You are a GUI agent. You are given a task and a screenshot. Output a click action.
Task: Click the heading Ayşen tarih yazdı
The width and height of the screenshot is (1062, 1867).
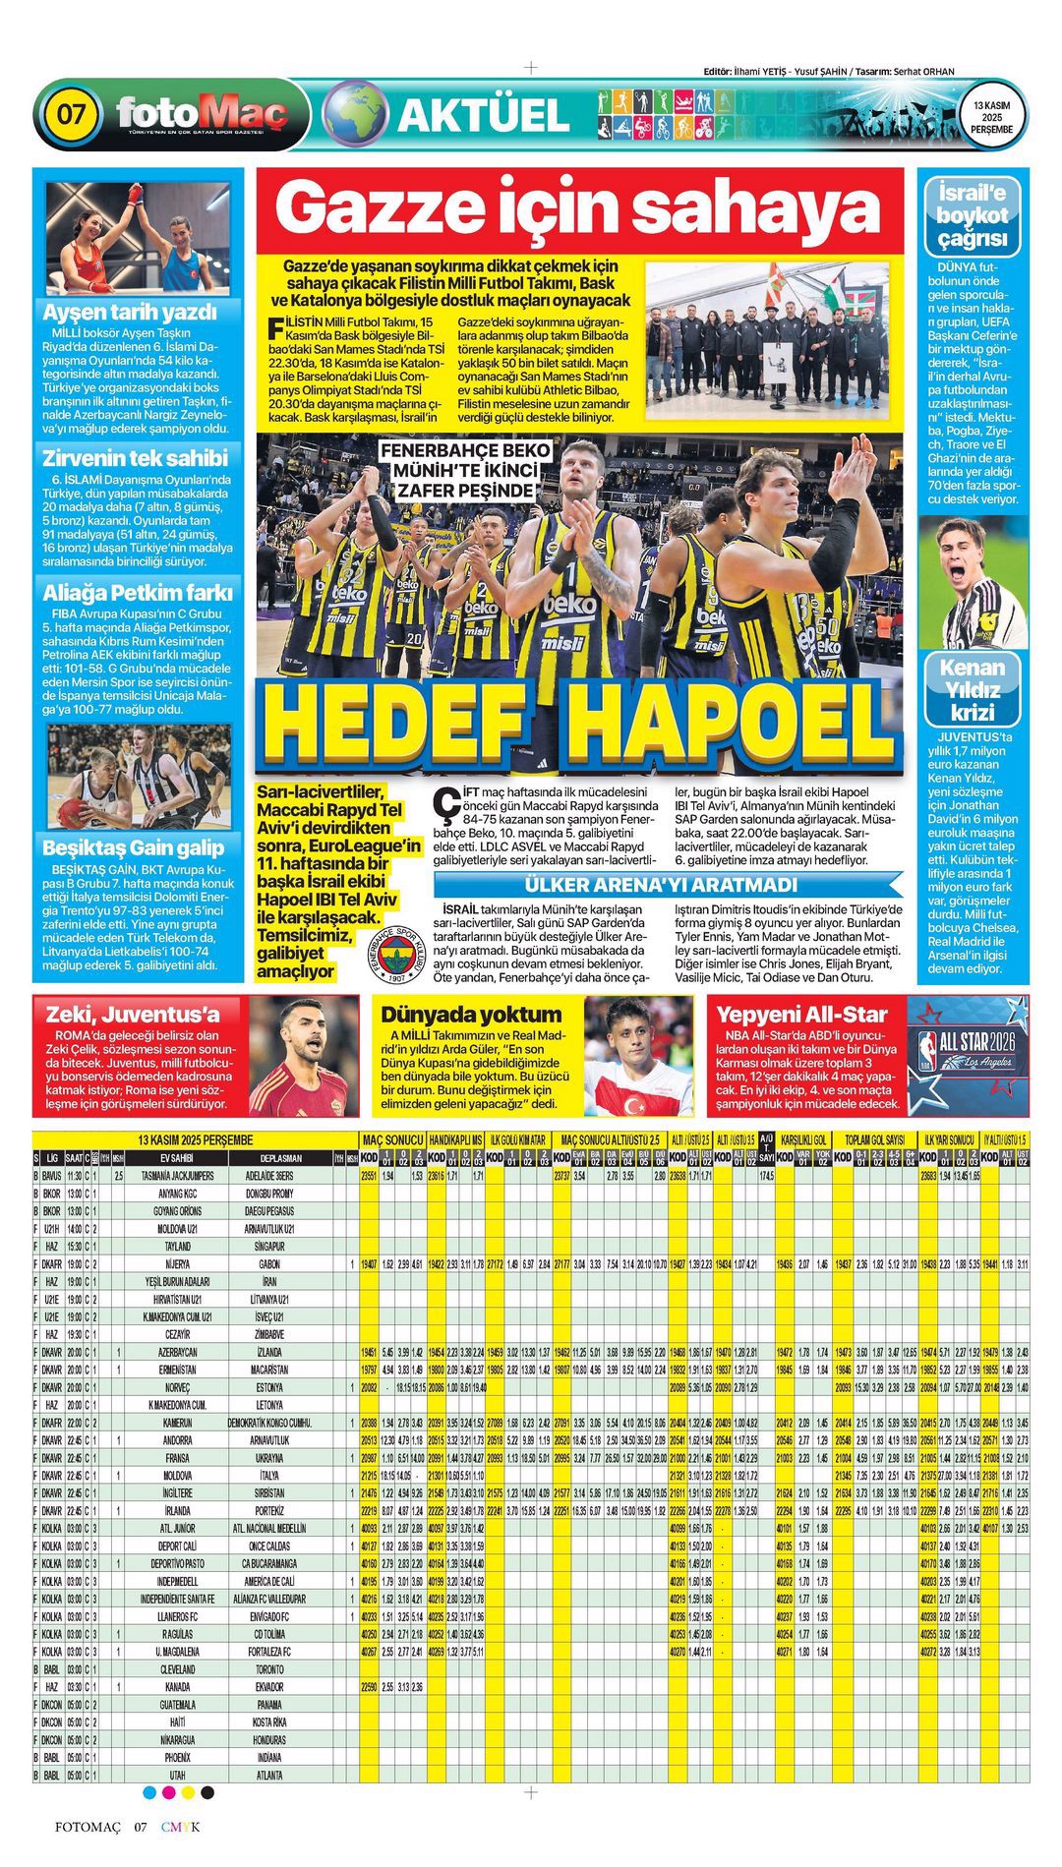(129, 313)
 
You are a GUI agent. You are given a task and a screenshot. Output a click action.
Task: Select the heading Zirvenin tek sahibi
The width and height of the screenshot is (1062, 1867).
(135, 458)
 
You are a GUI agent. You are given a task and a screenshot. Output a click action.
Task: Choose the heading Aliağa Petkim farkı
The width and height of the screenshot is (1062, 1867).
(137, 593)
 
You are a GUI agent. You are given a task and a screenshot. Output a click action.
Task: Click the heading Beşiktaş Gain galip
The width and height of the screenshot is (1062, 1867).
(134, 847)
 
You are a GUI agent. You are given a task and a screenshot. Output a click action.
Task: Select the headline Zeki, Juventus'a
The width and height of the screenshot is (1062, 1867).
(127, 1014)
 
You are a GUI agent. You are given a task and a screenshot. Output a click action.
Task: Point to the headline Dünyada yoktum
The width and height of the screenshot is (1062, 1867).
(471, 1014)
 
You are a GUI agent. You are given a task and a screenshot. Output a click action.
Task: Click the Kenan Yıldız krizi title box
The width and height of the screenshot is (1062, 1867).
(972, 690)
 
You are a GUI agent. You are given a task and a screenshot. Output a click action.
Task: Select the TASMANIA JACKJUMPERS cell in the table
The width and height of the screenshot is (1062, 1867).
(177, 1176)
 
